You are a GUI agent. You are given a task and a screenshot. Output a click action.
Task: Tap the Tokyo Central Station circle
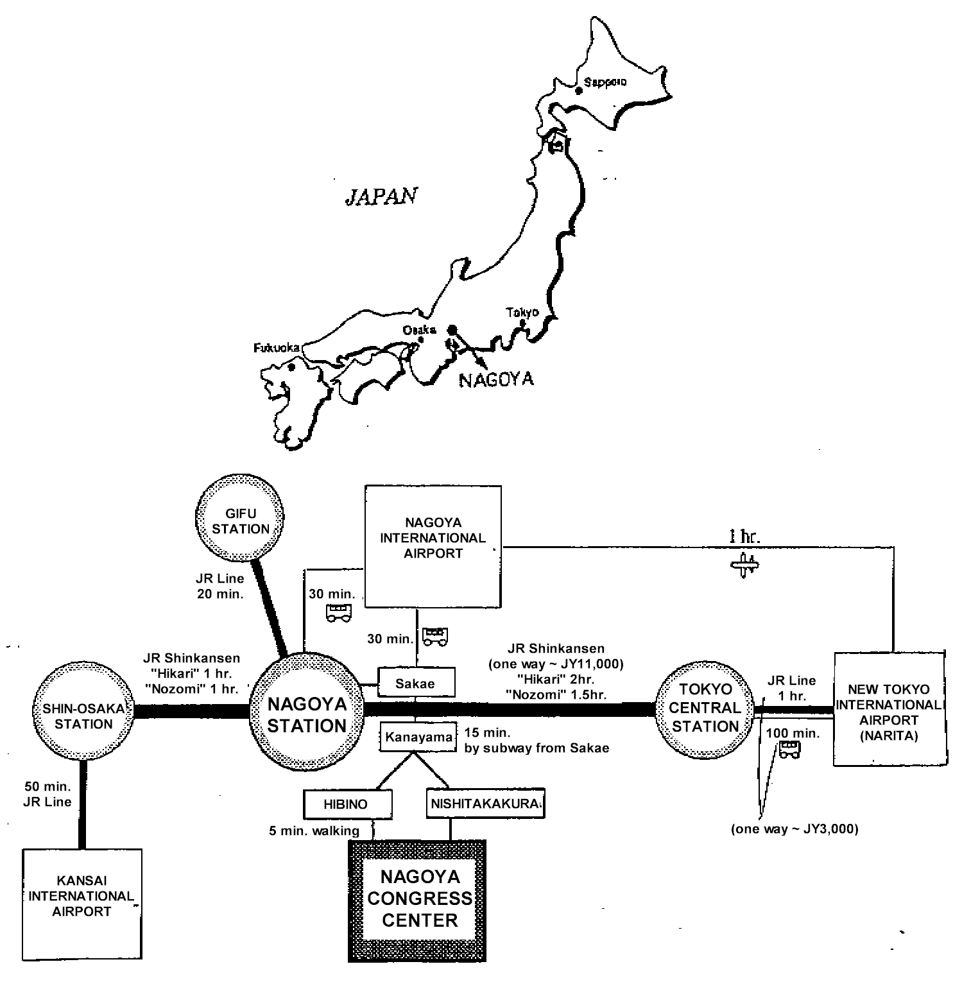tap(705, 708)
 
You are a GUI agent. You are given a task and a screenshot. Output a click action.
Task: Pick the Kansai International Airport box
tap(82, 904)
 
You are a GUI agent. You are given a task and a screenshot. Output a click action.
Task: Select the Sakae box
tap(416, 684)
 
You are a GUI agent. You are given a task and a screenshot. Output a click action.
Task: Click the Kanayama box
tap(418, 737)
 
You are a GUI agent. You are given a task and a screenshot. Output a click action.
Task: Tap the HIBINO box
tap(346, 804)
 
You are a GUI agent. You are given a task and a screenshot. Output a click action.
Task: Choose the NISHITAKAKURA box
tap(485, 804)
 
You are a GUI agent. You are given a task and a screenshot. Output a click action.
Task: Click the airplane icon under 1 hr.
tap(744, 565)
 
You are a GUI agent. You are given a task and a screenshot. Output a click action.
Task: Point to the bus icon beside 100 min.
tap(789, 750)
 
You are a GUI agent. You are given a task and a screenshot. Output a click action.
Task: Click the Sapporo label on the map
tap(605, 83)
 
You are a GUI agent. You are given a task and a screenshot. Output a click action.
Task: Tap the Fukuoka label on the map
tap(277, 348)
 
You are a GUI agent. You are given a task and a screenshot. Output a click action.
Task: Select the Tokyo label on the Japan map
tap(522, 313)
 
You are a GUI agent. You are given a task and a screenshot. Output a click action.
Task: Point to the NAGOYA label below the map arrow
tap(496, 379)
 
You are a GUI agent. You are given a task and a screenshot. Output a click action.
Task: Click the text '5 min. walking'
tap(314, 830)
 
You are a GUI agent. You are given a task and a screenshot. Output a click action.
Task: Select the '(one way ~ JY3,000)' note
tap(795, 829)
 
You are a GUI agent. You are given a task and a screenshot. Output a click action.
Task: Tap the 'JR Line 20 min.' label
tap(220, 586)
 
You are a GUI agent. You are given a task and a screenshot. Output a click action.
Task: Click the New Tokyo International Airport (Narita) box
tap(889, 710)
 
